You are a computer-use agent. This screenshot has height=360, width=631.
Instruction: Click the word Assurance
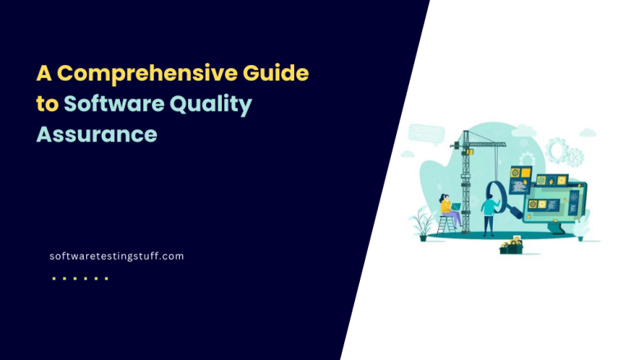[96, 134]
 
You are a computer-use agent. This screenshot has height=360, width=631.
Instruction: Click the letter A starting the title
[44, 73]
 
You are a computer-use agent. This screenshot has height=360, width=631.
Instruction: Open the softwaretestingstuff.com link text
[116, 256]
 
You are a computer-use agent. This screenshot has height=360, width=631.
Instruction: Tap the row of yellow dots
[80, 279]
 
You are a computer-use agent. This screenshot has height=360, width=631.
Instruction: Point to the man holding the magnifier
[488, 213]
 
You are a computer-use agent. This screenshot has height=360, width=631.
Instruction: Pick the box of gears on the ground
[511, 245]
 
